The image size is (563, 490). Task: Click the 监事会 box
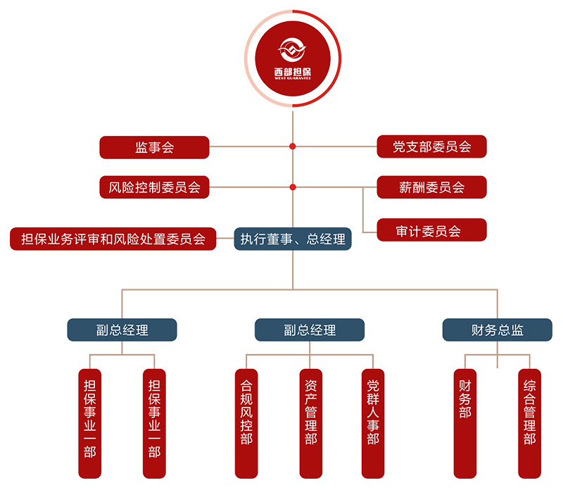pos(154,147)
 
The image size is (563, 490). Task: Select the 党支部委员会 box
pos(431,147)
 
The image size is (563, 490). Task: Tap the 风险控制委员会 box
pos(154,187)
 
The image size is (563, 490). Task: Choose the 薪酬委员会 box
pos(431,187)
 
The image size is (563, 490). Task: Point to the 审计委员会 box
pos(431,230)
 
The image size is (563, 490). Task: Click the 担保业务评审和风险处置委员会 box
pos(113,239)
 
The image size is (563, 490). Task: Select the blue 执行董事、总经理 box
pos(293,239)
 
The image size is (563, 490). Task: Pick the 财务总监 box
pos(497,329)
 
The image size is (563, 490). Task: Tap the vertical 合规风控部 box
pos(246,422)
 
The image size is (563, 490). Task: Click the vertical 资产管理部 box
pos(310,422)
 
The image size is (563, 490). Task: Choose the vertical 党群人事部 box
pos(373,422)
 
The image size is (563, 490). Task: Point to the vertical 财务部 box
pos(464,422)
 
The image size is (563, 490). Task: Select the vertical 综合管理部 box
pos(529,422)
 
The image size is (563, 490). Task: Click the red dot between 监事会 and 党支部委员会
pos(293,147)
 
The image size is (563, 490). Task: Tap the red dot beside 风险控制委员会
pos(293,187)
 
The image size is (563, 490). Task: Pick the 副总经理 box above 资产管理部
pos(310,329)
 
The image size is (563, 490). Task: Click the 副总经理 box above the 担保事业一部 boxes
pos(122,329)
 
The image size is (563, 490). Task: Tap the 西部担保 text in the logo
pos(293,70)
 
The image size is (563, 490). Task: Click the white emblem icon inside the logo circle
pos(293,49)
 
